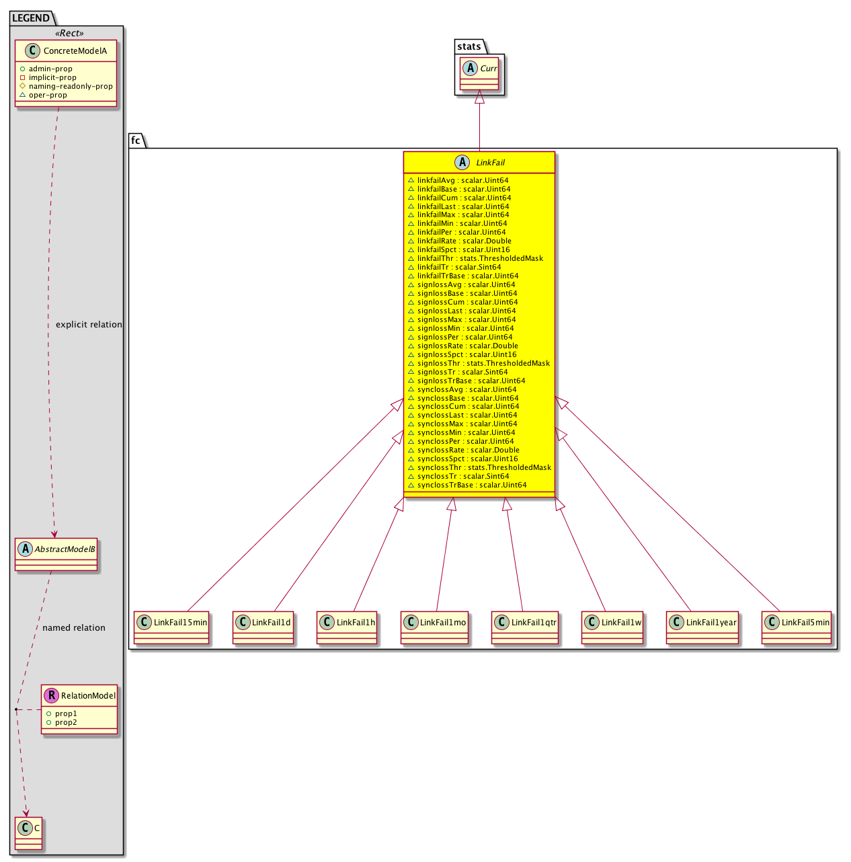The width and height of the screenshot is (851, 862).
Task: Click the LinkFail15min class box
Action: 171,627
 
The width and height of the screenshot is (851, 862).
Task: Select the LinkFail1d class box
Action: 263,627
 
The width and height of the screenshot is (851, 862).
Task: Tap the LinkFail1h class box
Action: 347,627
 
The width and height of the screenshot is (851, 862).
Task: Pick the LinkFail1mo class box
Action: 434,627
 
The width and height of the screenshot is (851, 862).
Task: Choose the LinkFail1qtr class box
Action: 525,627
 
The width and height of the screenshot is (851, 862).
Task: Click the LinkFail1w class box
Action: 612,627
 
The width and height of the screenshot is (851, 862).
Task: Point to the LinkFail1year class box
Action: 702,627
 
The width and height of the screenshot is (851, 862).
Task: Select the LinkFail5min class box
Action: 797,627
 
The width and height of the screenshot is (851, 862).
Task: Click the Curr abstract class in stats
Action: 479,73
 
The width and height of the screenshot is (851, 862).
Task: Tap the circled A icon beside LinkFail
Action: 462,162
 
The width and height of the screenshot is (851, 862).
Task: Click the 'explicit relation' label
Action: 89,324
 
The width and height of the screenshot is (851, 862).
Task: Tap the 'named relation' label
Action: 74,627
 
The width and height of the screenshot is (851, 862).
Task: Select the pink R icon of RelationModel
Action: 52,695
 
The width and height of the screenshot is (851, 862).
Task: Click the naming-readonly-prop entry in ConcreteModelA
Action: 71,86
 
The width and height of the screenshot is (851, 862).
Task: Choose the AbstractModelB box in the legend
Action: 56,554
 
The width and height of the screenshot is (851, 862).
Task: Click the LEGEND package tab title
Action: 31,18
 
